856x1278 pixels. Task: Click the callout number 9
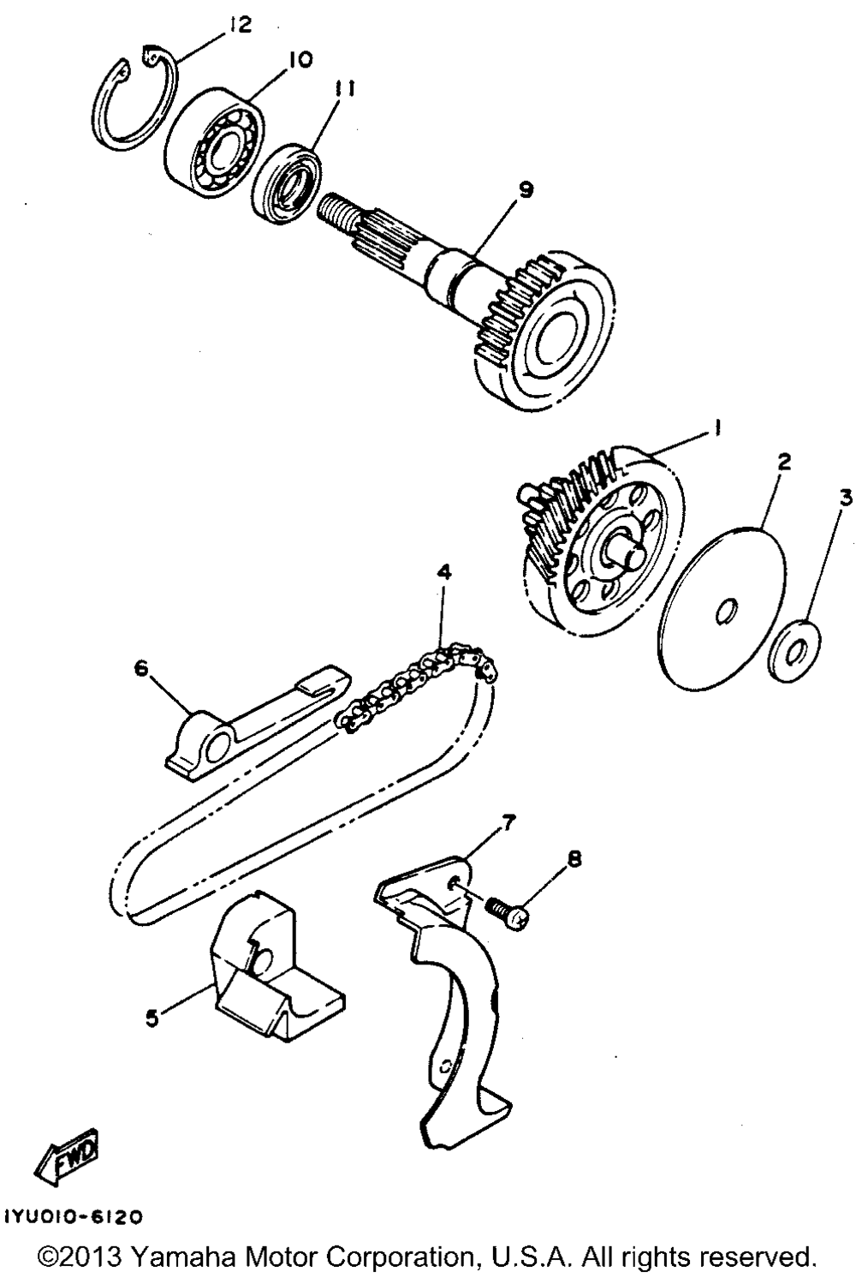pos(525,190)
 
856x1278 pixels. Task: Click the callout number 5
pos(152,1019)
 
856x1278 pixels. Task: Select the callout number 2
pos(782,462)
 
